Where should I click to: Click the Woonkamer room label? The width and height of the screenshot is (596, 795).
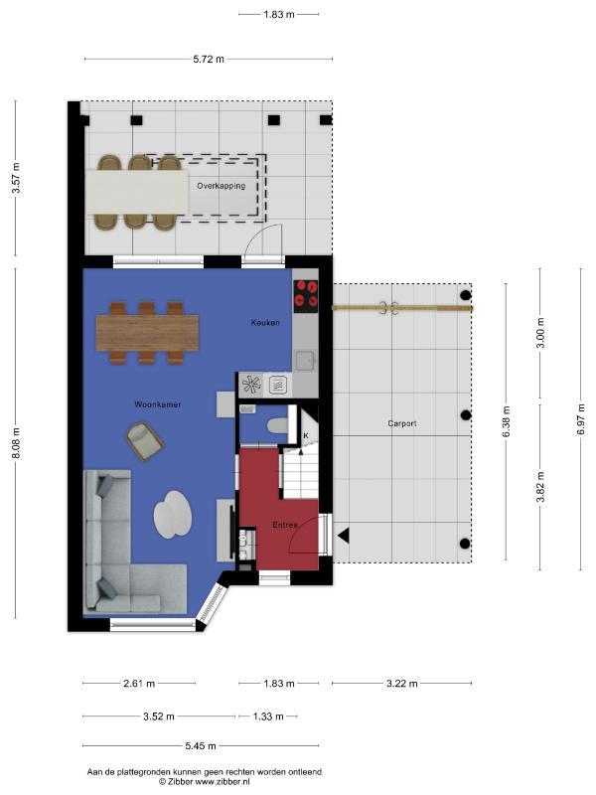158,404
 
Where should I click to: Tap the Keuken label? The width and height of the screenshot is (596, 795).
265,322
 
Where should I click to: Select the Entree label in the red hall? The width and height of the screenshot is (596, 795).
285,525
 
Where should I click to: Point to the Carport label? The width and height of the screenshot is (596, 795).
402,423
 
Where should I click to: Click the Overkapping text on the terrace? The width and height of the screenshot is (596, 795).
221,186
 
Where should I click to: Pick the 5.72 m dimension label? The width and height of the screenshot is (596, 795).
209,60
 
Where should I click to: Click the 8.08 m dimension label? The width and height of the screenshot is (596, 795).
16,443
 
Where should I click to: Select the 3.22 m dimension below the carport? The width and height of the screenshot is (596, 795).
402,684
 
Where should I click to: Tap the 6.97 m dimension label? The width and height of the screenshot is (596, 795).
581,418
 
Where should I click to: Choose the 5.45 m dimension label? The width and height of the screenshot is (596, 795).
201,746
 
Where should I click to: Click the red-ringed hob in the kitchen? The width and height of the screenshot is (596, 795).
306,296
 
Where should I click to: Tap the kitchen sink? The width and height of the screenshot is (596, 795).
306,361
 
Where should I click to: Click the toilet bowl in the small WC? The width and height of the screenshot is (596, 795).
278,426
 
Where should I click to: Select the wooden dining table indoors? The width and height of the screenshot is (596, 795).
147,333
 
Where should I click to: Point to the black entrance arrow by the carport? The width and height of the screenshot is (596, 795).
344,536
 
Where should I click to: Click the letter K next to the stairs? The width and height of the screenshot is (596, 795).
306,435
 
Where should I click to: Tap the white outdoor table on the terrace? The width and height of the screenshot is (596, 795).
137,192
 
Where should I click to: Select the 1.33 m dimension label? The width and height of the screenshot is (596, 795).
267,716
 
